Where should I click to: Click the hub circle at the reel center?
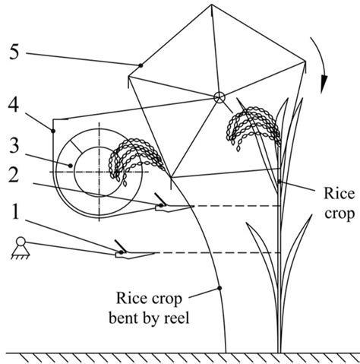coord(219,97)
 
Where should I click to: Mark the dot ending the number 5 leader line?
coord(141,65)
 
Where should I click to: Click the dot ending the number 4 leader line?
coord(53,131)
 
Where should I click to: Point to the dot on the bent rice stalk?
coord(219,287)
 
